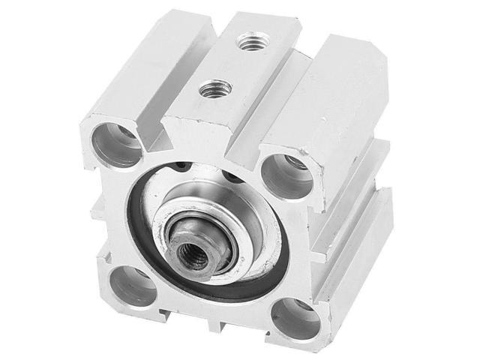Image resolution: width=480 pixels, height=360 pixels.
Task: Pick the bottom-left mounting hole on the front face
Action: tap(130, 289)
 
